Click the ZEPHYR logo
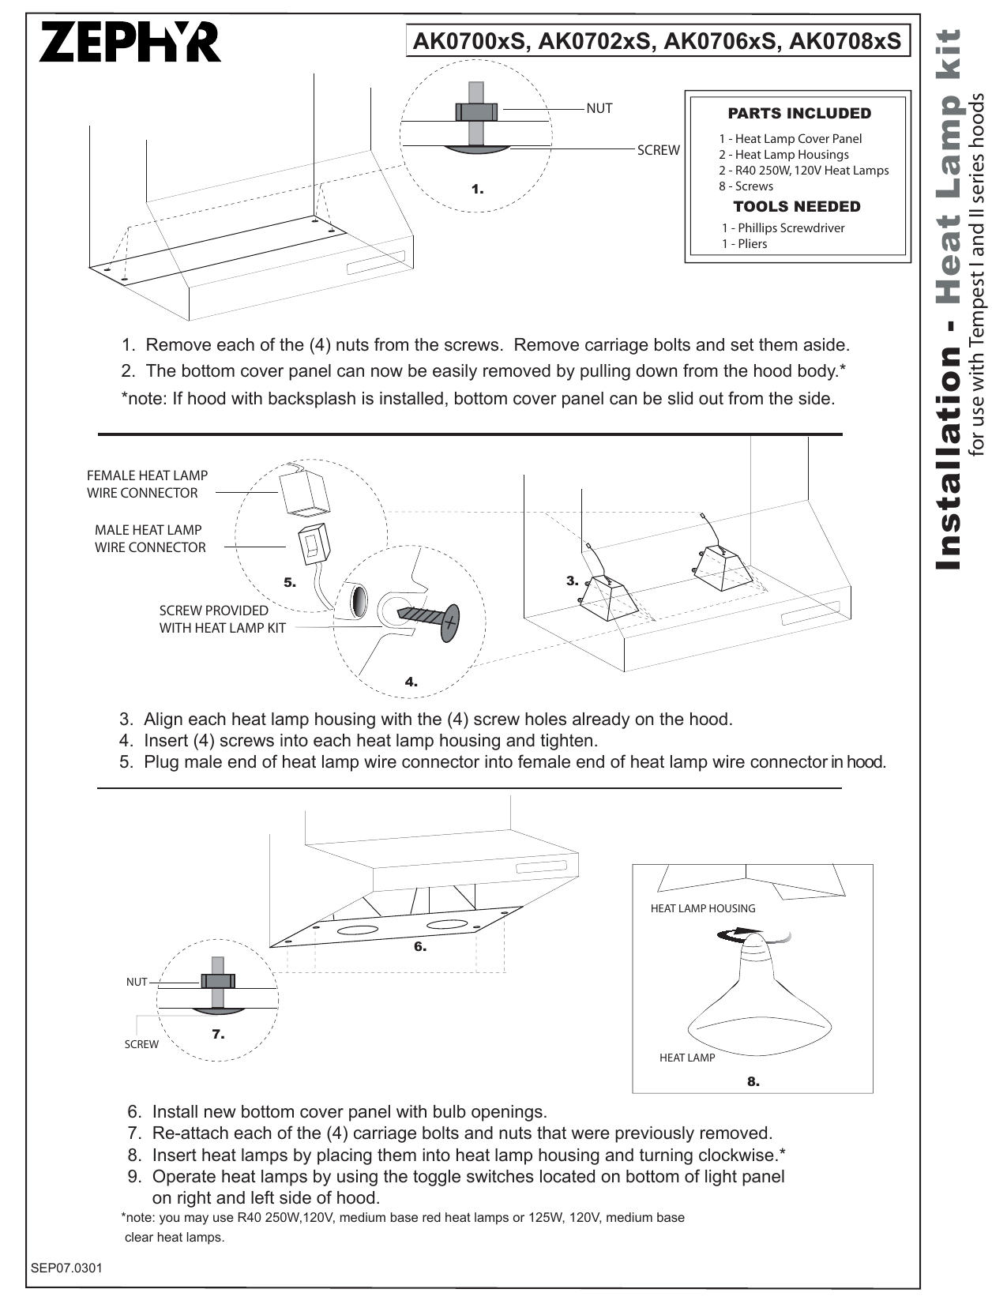[130, 43]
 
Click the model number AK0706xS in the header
[718, 42]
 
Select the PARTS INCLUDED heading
[799, 114]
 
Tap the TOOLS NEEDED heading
[797, 207]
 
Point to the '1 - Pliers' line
[744, 244]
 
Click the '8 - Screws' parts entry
[746, 186]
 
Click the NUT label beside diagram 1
[599, 109]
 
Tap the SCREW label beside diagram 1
[658, 151]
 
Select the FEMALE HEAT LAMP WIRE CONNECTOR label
[147, 484]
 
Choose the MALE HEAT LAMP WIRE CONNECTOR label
[149, 539]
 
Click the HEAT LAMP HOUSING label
[702, 909]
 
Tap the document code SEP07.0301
[66, 1268]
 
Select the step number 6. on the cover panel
[420, 946]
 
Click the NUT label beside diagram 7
[137, 982]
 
